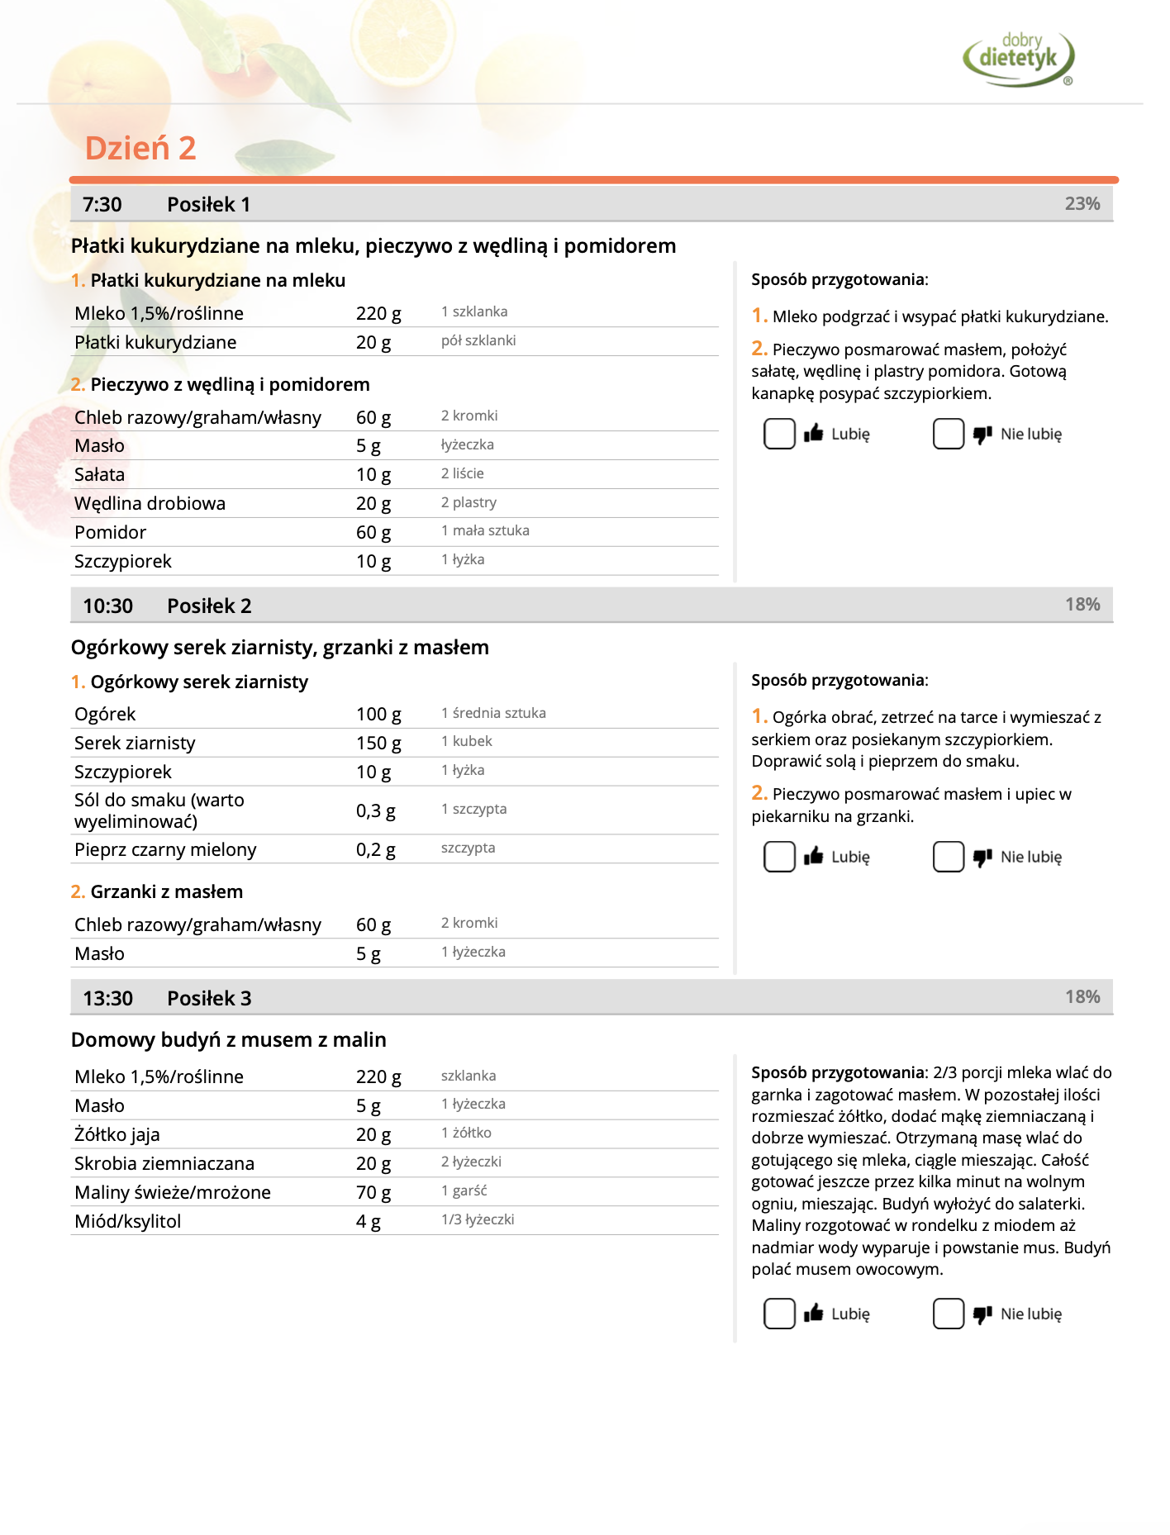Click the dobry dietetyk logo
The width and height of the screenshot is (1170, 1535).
tap(1018, 58)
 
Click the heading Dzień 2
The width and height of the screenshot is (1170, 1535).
tap(140, 149)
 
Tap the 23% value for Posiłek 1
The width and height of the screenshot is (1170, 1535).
tap(1082, 204)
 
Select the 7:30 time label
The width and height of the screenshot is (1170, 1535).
tap(102, 205)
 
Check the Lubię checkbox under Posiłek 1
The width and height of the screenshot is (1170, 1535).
tap(779, 434)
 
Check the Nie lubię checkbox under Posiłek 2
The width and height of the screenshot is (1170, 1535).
tap(948, 857)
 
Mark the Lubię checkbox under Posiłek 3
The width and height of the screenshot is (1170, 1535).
tap(779, 1314)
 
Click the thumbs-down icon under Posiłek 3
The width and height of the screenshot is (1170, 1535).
tap(982, 1314)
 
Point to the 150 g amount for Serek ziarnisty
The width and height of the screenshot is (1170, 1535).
tap(378, 744)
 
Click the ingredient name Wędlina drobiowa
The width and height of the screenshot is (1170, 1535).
tap(150, 504)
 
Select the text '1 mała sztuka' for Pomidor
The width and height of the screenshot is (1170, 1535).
tap(485, 531)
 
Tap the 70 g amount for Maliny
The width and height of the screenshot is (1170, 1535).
tap(373, 1193)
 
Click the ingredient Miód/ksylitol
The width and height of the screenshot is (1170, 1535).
tap(127, 1222)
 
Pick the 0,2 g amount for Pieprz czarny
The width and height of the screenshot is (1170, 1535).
tap(375, 850)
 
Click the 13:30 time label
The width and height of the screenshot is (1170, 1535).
tap(107, 999)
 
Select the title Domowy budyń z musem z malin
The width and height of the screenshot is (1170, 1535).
tap(228, 1040)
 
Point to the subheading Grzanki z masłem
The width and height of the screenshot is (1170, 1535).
tap(166, 892)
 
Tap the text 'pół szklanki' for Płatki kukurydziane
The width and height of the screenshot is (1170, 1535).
tap(478, 341)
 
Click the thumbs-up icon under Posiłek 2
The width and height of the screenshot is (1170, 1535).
tap(814, 857)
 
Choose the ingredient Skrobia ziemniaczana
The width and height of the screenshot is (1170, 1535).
tap(164, 1164)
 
